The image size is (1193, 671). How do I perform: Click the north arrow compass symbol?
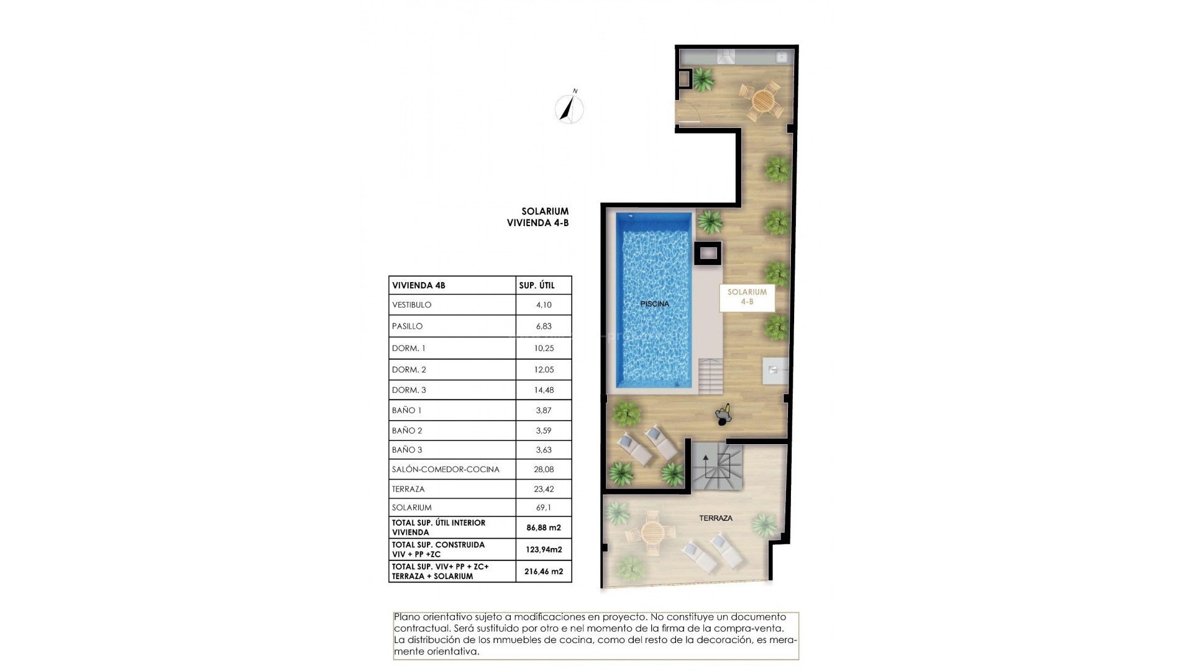[x=569, y=109]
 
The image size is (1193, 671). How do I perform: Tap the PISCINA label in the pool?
[x=655, y=304]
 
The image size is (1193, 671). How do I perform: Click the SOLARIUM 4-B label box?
[x=747, y=297]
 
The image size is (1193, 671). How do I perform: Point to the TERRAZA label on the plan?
[x=716, y=518]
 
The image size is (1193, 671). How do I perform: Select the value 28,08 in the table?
[x=544, y=469]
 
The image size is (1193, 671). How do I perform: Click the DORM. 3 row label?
[x=409, y=390]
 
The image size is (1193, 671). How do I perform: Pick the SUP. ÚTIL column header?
[x=536, y=286]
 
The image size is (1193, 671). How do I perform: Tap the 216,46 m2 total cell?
[x=544, y=571]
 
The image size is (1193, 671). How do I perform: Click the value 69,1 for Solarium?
[x=544, y=508]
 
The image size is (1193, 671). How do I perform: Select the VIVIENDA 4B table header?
[x=419, y=286]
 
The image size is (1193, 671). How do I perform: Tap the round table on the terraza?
[x=652, y=532]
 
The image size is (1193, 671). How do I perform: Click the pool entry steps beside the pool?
[x=710, y=377]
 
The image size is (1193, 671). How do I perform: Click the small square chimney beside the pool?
[x=708, y=253]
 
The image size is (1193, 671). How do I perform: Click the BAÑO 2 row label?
[x=407, y=431]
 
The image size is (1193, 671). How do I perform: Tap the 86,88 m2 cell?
[x=544, y=528]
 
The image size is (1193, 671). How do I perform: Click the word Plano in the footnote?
[x=406, y=618]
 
